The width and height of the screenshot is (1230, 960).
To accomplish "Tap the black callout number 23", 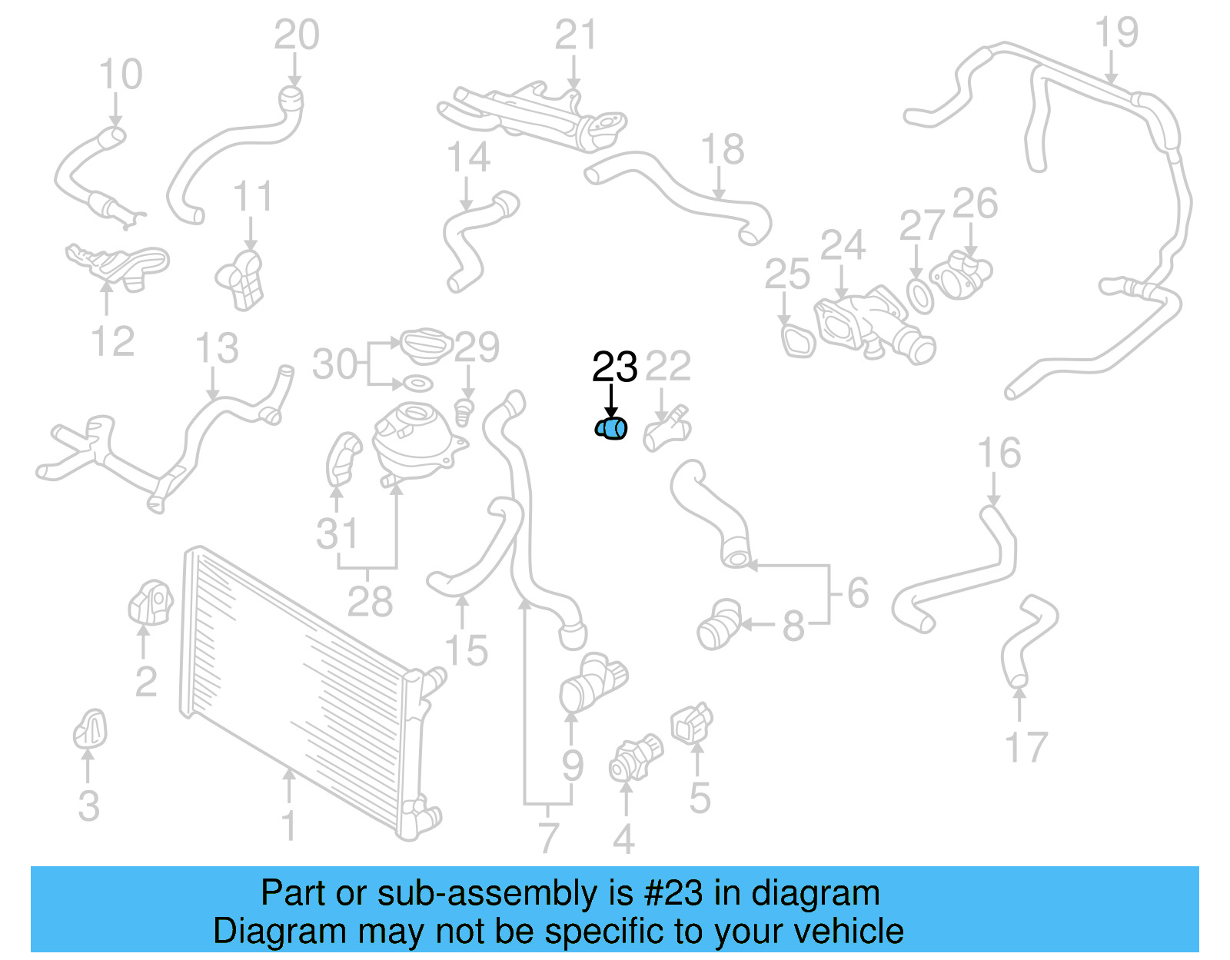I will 614,367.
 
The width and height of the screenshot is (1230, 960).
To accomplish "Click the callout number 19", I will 1116,33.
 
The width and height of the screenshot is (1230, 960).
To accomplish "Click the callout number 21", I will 576,36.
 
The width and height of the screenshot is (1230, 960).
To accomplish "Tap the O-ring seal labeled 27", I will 919,296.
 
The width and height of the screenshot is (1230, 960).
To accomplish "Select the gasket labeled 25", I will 798,341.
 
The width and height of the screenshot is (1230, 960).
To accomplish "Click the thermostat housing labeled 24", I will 869,323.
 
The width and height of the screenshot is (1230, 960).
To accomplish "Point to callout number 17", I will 1026,747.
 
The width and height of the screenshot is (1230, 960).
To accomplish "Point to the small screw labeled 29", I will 464,412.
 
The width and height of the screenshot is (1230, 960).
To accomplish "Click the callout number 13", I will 217,349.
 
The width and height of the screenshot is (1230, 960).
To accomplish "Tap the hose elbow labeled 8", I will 719,624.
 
